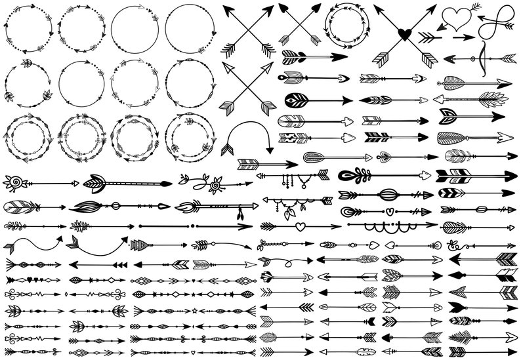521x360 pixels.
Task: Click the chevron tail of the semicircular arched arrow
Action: pos(227,150)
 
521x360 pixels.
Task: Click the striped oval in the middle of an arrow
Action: pos(388,194)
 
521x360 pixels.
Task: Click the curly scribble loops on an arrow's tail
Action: pos(457,244)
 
